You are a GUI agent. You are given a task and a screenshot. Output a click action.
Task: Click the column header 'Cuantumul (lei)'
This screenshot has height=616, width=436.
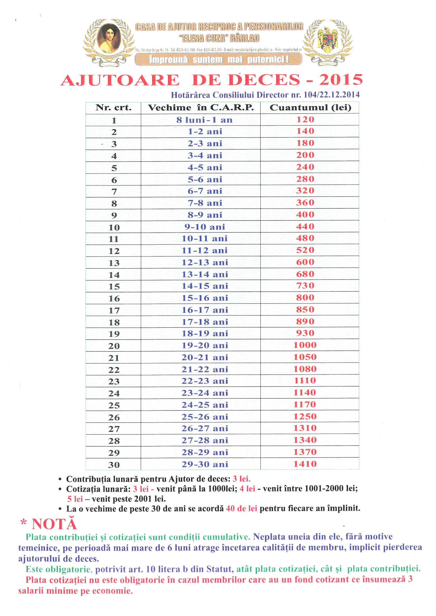coord(310,108)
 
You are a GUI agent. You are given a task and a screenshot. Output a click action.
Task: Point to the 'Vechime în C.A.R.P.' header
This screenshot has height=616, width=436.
coord(201,108)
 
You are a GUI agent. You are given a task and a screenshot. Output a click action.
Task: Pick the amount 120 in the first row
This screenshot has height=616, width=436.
coord(305,120)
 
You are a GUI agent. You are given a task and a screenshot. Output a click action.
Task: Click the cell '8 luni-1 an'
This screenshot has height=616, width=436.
coord(204,120)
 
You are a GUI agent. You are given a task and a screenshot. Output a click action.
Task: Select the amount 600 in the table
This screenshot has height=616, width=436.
coord(305,262)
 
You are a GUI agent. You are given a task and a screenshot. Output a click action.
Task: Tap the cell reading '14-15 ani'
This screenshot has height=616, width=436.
coord(205,286)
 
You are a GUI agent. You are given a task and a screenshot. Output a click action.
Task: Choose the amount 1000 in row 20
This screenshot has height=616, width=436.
coord(305,345)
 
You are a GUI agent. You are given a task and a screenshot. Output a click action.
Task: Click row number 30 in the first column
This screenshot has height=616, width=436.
coord(114,465)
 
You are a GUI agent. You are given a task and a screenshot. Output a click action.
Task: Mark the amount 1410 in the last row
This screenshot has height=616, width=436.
coord(305,464)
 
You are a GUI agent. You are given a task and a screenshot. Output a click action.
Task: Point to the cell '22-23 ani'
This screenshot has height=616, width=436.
coord(205,381)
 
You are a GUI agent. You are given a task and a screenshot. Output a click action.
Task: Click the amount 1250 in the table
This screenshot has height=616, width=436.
coord(305,417)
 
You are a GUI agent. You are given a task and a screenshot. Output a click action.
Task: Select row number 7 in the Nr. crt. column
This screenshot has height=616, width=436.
coord(114,192)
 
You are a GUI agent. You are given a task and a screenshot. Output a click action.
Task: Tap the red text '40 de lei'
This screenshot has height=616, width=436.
coord(242,509)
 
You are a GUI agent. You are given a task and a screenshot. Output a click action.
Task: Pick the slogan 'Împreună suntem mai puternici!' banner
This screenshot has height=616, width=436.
coord(219,59)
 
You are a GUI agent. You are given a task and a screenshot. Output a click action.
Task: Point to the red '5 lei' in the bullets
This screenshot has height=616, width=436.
coord(75,499)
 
